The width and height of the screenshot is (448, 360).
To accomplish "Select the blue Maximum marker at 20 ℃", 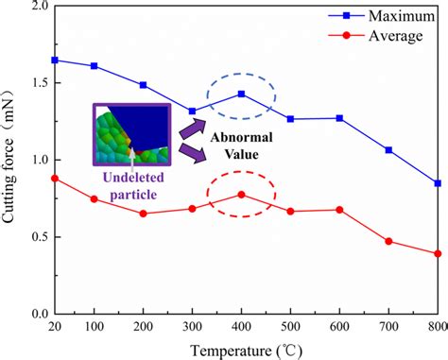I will pos(54,60).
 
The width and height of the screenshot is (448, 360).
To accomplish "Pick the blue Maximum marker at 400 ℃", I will pos(241,94).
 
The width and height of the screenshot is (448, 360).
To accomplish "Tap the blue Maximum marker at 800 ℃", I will pos(437,182).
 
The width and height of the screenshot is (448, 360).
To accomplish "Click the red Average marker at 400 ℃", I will pos(241,195).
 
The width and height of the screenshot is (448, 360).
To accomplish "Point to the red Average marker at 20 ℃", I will pos(54,178).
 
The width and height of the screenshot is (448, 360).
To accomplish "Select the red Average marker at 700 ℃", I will pos(388,241).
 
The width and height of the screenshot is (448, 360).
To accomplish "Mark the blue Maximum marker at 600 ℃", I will pos(339,118).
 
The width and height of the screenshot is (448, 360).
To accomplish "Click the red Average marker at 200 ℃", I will pos(143,214).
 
